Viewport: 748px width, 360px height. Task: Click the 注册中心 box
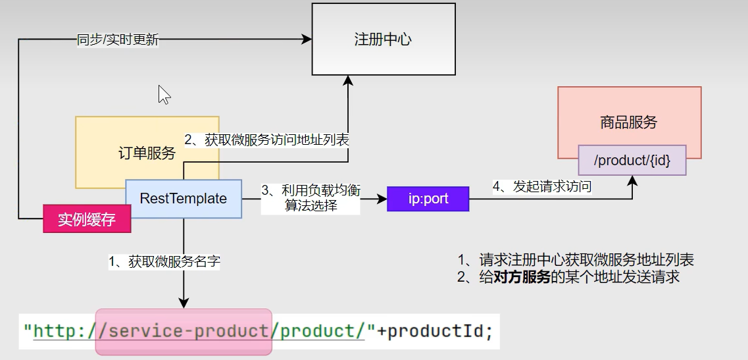pos(383,39)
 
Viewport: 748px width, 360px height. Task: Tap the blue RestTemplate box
pos(184,199)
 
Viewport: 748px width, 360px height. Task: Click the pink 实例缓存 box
pos(87,219)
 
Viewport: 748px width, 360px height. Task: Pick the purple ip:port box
pos(428,199)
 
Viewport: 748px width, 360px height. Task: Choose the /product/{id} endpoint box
pos(632,160)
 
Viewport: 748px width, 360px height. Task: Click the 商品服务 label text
pos(628,122)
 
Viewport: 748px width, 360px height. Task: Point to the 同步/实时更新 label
pos(118,39)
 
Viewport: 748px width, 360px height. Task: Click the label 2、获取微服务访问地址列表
pos(266,140)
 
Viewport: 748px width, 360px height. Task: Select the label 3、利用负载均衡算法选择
pos(311,197)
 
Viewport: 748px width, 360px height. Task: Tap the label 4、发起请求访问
pos(542,187)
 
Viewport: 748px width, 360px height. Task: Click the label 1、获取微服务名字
pos(164,261)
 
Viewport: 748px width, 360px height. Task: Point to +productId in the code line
pos(434,330)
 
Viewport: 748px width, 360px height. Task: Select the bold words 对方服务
pos(522,277)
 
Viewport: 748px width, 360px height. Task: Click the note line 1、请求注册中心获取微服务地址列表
pos(576,260)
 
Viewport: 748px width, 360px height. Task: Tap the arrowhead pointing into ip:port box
pos(382,199)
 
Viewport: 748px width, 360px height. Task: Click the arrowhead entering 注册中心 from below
pos(348,80)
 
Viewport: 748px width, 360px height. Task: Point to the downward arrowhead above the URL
pos(184,303)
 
